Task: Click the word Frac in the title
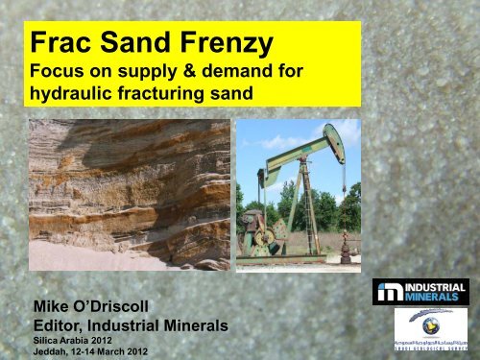tap(60, 43)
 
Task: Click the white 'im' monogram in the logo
tap(388, 292)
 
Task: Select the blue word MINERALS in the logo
tap(435, 298)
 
